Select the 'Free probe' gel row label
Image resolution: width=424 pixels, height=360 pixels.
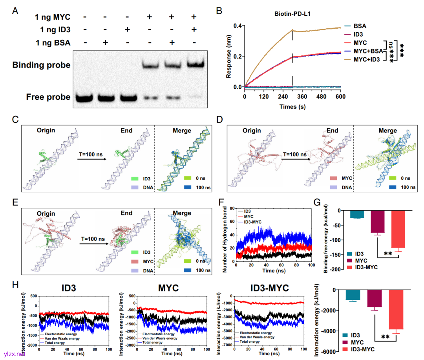[x=48, y=97]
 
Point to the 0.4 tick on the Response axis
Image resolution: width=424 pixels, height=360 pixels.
[x=238, y=26]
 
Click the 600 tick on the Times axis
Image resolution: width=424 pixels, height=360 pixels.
[x=340, y=96]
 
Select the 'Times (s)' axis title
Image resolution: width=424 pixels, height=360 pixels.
[x=292, y=107]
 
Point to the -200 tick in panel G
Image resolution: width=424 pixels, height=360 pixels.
[x=334, y=270]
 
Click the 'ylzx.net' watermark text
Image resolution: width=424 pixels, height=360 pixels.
[x=14, y=354]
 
